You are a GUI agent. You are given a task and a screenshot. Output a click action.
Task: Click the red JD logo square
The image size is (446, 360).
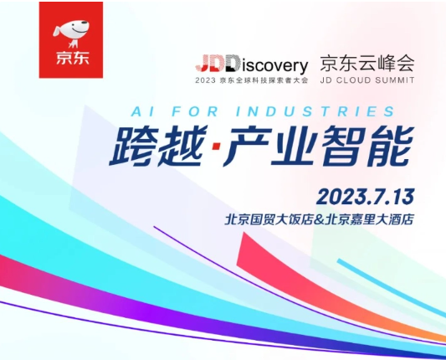(x=71, y=39)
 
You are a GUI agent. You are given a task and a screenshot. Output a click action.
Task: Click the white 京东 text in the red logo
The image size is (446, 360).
(x=70, y=60)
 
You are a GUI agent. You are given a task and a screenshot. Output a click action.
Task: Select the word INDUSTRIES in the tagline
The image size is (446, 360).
(x=327, y=111)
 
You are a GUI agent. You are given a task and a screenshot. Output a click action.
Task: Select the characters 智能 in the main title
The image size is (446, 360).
(x=369, y=148)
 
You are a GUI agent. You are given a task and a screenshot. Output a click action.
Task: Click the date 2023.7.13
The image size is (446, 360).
(x=365, y=197)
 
